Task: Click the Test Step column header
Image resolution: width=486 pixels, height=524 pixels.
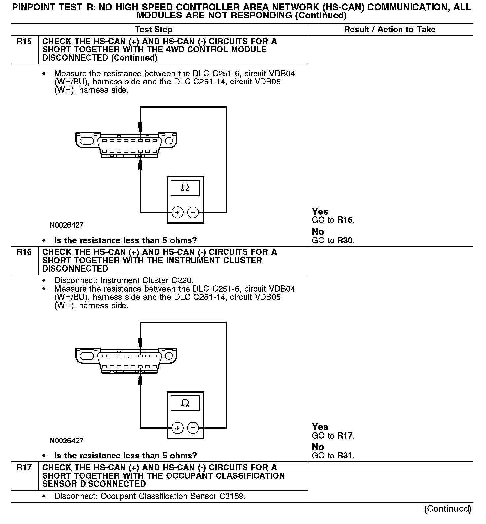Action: pos(154,30)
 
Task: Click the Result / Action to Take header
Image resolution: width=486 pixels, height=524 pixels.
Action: pos(390,30)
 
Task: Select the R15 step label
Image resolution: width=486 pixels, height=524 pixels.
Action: pos(24,42)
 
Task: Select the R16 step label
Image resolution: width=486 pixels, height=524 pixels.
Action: pos(24,252)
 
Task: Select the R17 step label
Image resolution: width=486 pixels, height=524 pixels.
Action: pos(24,468)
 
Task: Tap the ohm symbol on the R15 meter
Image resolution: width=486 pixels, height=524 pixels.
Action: pos(185,188)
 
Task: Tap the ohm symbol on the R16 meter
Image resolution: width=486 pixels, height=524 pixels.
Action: pos(185,403)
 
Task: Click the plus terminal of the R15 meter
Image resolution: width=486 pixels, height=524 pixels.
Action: pos(177,212)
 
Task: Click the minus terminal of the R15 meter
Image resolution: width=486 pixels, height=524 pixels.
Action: pos(193,212)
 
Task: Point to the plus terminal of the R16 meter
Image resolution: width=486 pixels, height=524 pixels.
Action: pos(177,428)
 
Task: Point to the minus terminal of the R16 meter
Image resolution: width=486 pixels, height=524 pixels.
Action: pos(193,428)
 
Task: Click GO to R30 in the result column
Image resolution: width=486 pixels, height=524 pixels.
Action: pos(333,241)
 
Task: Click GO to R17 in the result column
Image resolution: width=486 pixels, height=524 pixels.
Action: pos(333,436)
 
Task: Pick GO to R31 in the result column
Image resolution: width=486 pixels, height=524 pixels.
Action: pos(333,456)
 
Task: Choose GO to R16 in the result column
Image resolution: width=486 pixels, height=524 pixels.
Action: pos(333,220)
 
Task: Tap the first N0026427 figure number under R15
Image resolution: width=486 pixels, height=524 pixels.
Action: pos(66,225)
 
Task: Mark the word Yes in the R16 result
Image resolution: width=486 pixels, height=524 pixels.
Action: pos(320,427)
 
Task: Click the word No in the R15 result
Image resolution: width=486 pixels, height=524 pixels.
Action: pos(318,232)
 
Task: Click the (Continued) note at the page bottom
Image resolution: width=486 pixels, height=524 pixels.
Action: pos(448,508)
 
